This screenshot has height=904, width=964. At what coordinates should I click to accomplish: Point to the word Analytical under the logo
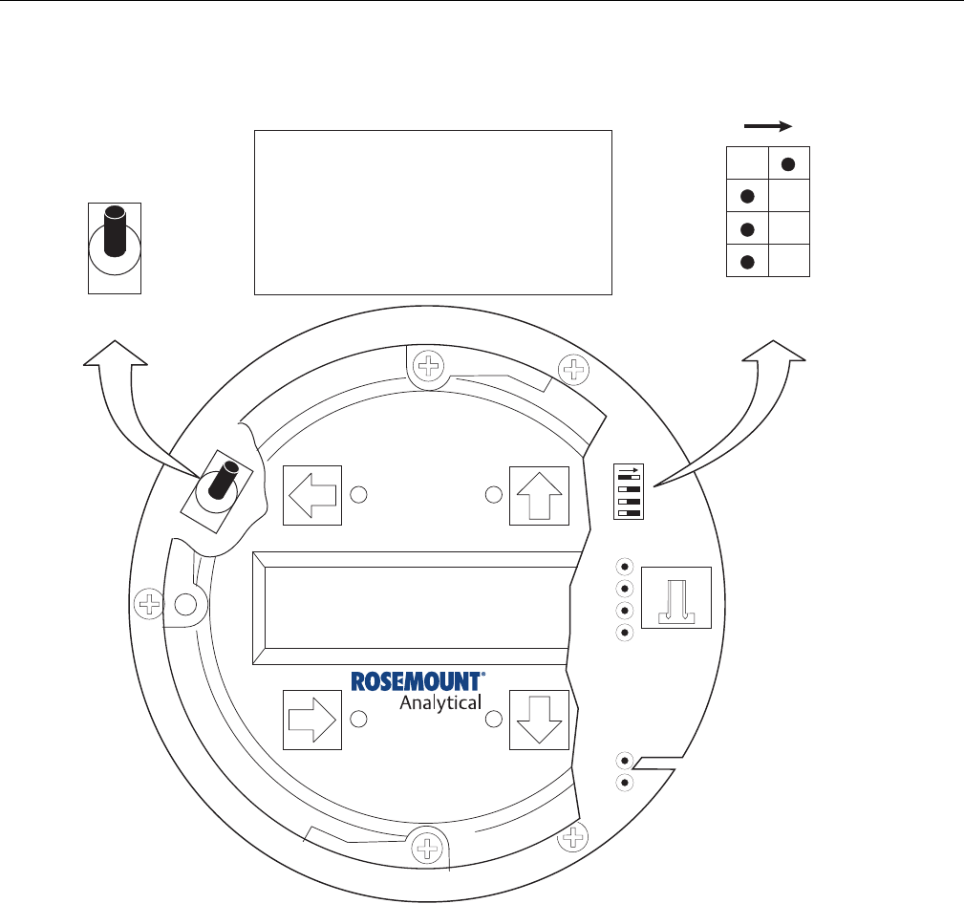tap(439, 704)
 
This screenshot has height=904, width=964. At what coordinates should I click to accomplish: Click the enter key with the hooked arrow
tap(676, 597)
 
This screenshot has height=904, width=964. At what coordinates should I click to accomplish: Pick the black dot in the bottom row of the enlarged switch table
tap(747, 261)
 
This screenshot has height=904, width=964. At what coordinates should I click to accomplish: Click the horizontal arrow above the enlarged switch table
tap(768, 125)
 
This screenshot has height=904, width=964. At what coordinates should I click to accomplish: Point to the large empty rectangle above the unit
tap(432, 213)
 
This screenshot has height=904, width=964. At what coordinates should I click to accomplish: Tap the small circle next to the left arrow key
tap(358, 495)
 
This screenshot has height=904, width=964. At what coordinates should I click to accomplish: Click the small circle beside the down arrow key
tap(494, 719)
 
